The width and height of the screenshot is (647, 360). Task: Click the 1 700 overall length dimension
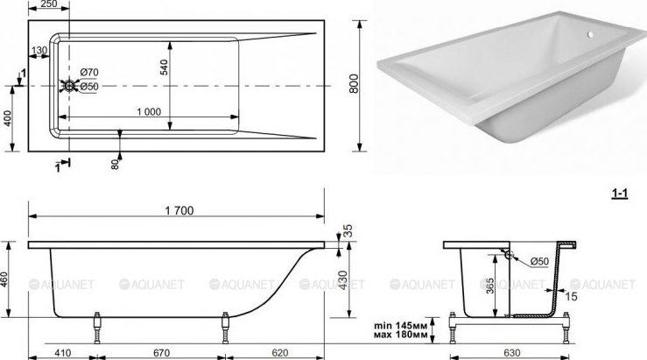179,210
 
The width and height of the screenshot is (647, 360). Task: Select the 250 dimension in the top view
49,4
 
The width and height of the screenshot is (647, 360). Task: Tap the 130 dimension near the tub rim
39,51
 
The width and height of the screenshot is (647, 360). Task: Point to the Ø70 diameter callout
89,72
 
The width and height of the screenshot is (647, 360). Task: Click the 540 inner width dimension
165,67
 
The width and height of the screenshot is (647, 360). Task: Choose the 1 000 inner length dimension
149,112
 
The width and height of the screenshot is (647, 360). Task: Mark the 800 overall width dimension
354,84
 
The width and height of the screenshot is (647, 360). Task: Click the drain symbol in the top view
69,86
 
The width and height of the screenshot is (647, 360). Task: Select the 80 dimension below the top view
115,165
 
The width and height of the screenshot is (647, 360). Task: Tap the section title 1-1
619,193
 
